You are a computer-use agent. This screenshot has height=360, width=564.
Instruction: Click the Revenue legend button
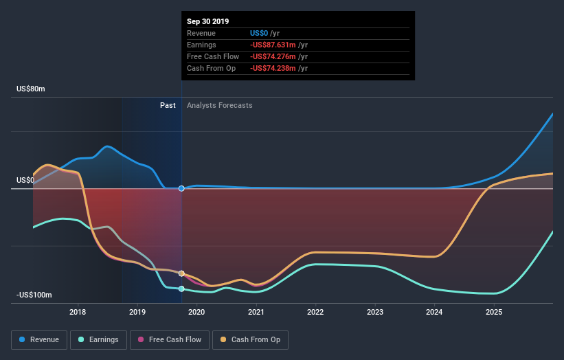(40, 339)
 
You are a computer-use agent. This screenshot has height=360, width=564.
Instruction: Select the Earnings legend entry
(100, 339)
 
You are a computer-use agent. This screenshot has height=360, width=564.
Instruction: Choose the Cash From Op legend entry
(251, 339)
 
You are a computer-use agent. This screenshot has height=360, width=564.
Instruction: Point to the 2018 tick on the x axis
(78, 312)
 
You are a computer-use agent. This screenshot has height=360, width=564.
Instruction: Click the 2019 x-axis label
(137, 312)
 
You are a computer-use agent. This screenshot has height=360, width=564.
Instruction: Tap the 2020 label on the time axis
(197, 312)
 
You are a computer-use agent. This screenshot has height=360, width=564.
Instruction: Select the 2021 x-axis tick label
(256, 312)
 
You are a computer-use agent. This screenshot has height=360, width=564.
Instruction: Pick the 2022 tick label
(316, 312)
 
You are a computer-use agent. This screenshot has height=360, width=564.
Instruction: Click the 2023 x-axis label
(375, 312)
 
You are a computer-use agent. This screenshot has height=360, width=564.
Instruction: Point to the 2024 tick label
(434, 312)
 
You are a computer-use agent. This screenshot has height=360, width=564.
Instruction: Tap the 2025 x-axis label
(494, 312)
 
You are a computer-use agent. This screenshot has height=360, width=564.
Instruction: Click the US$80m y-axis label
(32, 89)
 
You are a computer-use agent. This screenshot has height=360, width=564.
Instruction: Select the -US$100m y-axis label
(35, 295)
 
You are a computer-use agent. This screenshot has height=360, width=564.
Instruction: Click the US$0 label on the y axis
(25, 181)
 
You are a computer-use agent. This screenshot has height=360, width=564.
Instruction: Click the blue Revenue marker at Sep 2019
(181, 188)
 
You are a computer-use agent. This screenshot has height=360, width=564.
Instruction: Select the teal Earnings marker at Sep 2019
(181, 289)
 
